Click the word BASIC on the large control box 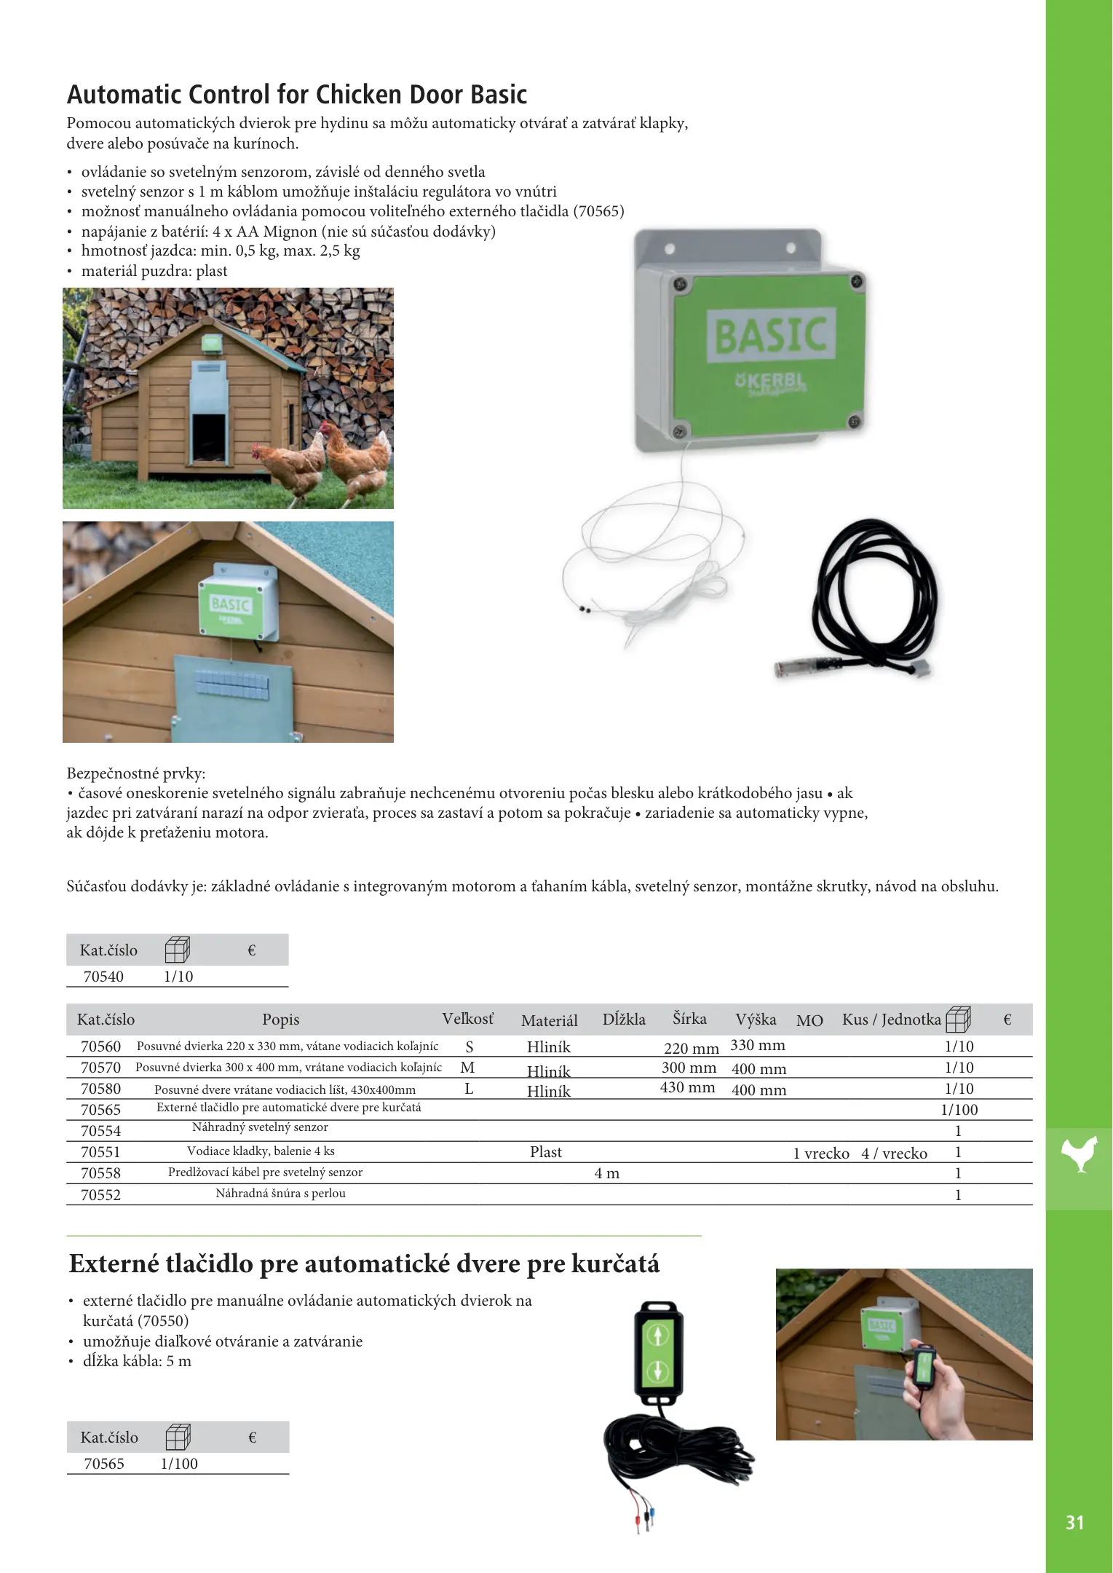pyautogui.click(x=770, y=335)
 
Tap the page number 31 pyautogui.click(x=1074, y=1523)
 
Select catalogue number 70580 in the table pyautogui.click(x=100, y=1089)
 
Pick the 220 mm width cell pyautogui.click(x=691, y=1048)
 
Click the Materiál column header pyautogui.click(x=549, y=1021)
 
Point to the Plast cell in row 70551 pyautogui.click(x=545, y=1152)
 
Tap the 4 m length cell pyautogui.click(x=606, y=1173)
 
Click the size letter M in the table pyautogui.click(x=467, y=1068)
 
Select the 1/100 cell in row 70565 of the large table pyautogui.click(x=959, y=1110)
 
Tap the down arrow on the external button pyautogui.click(x=658, y=1371)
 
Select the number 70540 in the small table pyautogui.click(x=103, y=977)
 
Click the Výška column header pyautogui.click(x=755, y=1020)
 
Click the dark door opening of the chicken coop pyautogui.click(x=209, y=437)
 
